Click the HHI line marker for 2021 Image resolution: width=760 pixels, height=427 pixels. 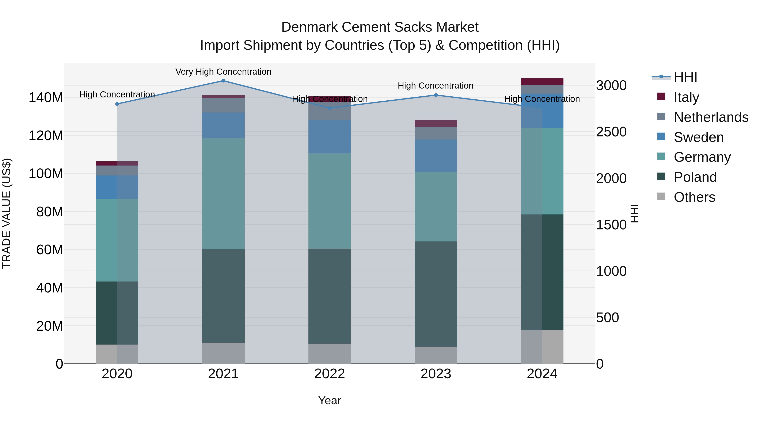(223, 81)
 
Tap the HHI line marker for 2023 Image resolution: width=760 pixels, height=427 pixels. (436, 95)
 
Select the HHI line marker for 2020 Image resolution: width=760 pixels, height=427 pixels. (117, 104)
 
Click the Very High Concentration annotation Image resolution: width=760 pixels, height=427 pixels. (223, 72)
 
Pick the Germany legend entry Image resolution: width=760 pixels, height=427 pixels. (702, 157)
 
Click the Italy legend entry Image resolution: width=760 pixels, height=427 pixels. (686, 97)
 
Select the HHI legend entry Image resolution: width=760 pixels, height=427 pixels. (685, 77)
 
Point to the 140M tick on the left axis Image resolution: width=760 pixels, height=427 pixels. (46, 98)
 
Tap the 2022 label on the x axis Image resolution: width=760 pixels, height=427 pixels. (330, 374)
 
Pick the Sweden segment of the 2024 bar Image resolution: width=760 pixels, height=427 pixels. (542, 111)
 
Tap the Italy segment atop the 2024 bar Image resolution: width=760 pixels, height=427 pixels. (542, 82)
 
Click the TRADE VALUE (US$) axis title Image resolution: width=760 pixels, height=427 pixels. (7, 213)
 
